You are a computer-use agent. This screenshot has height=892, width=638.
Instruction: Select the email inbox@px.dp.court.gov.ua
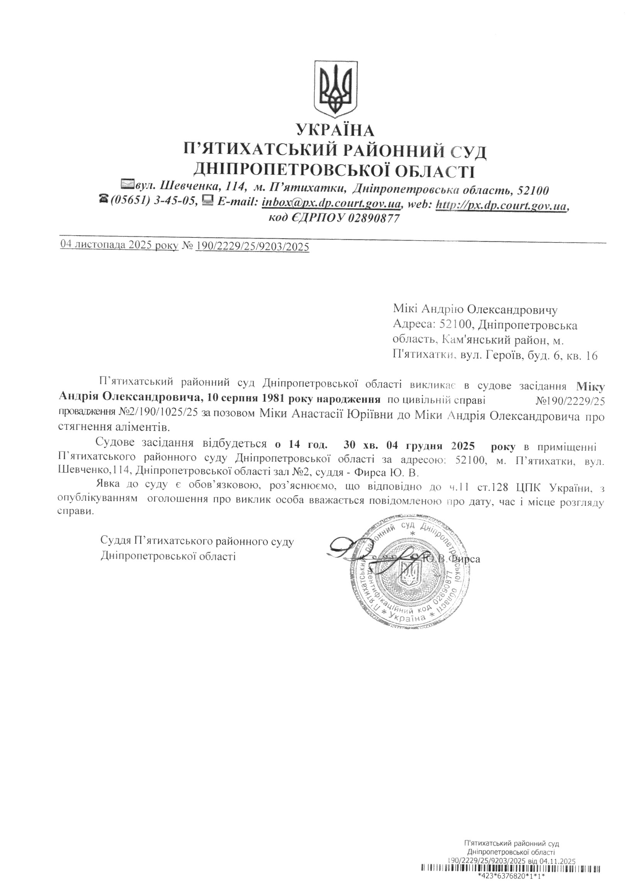(x=331, y=203)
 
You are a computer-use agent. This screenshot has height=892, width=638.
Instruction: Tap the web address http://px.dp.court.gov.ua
(x=502, y=204)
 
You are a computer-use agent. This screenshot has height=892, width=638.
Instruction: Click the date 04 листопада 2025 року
(x=119, y=246)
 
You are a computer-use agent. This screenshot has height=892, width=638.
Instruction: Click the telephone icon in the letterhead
(x=104, y=200)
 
